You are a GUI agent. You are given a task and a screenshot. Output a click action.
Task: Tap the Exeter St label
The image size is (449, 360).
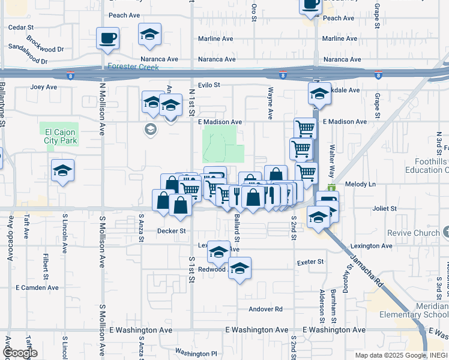click(x=310, y=262)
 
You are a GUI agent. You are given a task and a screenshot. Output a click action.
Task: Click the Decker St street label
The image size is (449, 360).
click(x=172, y=230)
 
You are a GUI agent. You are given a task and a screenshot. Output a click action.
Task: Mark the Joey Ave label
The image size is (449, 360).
click(x=44, y=87)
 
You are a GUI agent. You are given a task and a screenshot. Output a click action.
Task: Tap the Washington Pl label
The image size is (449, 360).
click(x=196, y=353)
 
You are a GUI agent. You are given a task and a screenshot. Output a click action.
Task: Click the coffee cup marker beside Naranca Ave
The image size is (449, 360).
click(x=107, y=39)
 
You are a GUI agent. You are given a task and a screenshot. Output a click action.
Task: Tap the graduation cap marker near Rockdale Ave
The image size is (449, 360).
click(x=319, y=94)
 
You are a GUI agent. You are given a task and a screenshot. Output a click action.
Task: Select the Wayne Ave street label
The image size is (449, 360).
click(x=271, y=102)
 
